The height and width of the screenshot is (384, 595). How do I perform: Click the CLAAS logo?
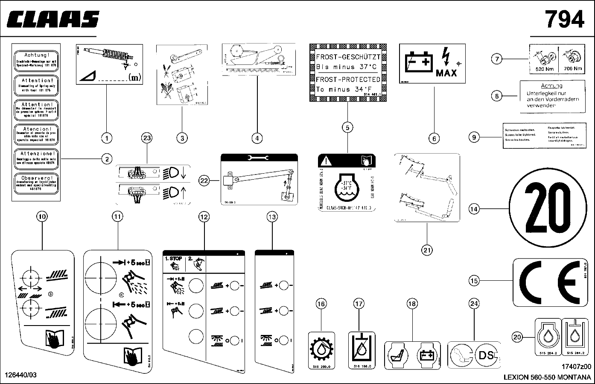(53, 19)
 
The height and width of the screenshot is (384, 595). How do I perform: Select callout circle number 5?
(348, 127)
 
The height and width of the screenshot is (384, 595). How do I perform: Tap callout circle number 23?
(147, 138)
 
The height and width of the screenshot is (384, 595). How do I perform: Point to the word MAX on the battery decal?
(446, 73)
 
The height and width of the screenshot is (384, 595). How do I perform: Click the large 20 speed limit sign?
(546, 209)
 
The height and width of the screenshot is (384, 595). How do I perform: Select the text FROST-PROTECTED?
(348, 79)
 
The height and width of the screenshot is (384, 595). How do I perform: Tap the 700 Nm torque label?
(572, 68)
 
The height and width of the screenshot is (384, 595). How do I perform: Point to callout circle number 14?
(474, 209)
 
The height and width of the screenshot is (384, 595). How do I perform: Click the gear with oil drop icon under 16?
(320, 349)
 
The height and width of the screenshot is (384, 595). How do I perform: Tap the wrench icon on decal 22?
(259, 158)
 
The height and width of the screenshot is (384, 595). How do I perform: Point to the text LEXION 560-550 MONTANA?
(547, 377)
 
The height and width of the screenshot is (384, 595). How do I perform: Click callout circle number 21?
(427, 250)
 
